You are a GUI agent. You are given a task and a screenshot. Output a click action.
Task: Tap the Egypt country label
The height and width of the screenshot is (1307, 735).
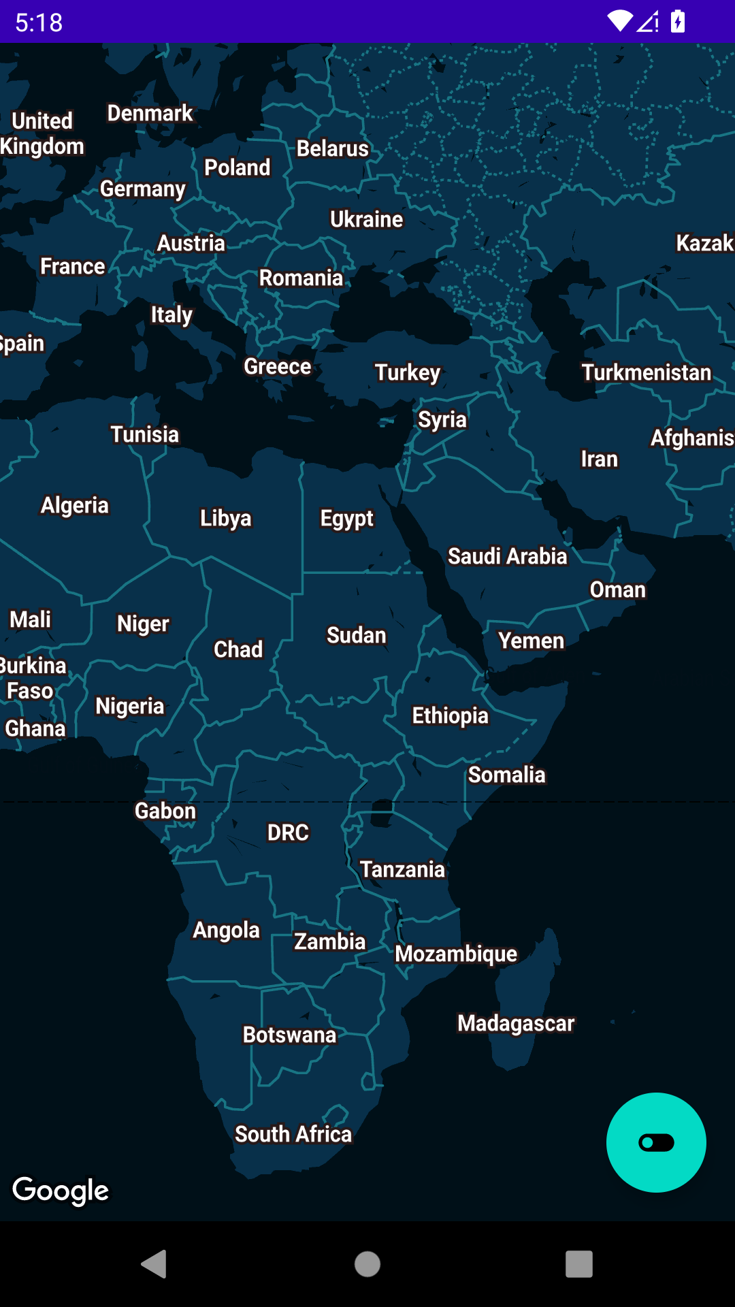pyautogui.click(x=346, y=519)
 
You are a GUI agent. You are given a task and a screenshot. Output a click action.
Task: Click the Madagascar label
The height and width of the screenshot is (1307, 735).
pyautogui.click(x=516, y=1023)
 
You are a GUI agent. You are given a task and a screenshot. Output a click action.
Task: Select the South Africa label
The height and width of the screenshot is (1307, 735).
pyautogui.click(x=293, y=1134)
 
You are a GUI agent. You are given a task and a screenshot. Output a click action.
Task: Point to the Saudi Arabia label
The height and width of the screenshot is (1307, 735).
pyautogui.click(x=507, y=556)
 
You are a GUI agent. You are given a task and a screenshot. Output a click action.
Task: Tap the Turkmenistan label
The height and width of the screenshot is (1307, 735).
pyautogui.click(x=646, y=372)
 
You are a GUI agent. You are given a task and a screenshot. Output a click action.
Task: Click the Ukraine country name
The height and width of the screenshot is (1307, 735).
pyautogui.click(x=366, y=219)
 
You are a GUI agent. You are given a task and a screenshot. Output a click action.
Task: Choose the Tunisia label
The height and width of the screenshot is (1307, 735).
pyautogui.click(x=144, y=434)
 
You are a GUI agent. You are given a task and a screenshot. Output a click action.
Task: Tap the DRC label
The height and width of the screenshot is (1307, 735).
pyautogui.click(x=288, y=833)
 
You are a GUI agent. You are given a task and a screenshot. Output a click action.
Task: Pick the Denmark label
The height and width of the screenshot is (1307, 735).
pyautogui.click(x=150, y=113)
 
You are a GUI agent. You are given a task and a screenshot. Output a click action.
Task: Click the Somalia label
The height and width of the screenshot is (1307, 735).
pyautogui.click(x=506, y=775)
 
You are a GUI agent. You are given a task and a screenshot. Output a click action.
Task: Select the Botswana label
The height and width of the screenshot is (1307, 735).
pyautogui.click(x=289, y=1035)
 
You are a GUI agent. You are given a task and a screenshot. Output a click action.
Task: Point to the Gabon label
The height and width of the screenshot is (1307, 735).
pyautogui.click(x=165, y=811)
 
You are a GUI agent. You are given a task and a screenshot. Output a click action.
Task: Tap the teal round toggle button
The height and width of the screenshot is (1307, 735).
pyautogui.click(x=656, y=1142)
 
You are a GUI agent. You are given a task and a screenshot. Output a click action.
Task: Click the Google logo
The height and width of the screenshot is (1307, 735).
pyautogui.click(x=61, y=1190)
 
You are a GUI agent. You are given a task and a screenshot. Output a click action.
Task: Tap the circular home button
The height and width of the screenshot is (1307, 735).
pyautogui.click(x=367, y=1264)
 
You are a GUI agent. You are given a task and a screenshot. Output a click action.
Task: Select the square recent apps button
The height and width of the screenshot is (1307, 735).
pyautogui.click(x=579, y=1264)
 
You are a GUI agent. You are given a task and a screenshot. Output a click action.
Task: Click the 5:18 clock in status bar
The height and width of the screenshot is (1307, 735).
pyautogui.click(x=39, y=22)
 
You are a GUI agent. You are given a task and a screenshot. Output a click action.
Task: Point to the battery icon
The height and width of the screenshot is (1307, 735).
pyautogui.click(x=678, y=22)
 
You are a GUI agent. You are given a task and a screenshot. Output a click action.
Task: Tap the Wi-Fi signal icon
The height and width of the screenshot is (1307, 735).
pyautogui.click(x=620, y=22)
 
